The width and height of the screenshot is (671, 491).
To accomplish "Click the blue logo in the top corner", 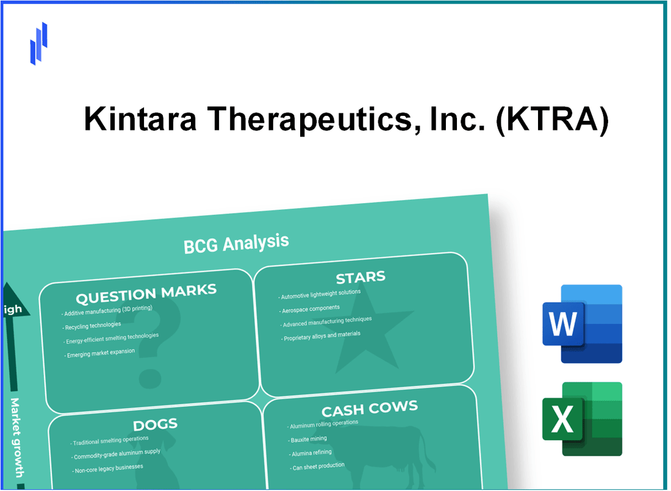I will [38, 43].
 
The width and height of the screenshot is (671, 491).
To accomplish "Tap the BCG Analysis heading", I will [236, 243].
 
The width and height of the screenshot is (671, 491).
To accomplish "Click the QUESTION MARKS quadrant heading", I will [146, 295].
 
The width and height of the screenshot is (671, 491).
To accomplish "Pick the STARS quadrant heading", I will [361, 278].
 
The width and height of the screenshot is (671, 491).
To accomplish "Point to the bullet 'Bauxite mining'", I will [309, 439].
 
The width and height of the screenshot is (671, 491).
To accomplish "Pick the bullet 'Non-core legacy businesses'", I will [108, 467].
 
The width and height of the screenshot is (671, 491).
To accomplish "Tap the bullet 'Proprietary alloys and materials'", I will [323, 335].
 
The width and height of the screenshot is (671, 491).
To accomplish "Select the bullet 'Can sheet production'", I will [318, 466].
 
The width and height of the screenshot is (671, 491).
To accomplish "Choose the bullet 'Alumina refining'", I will [312, 453].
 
